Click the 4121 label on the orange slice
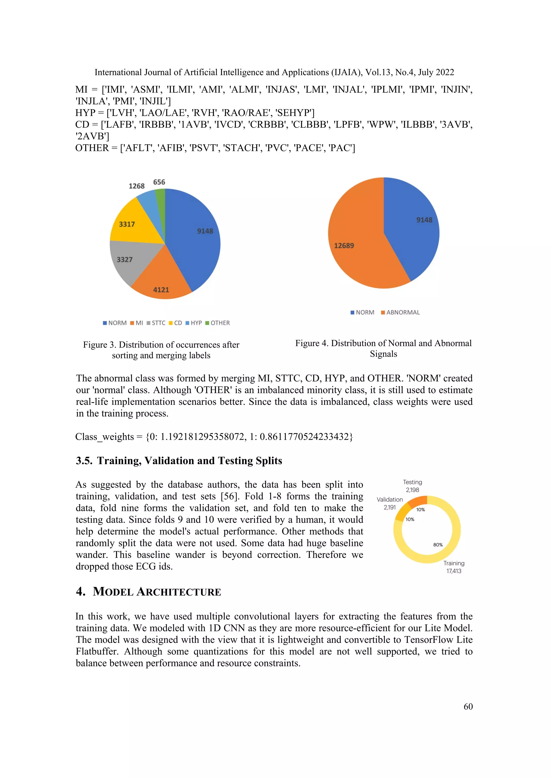[x=161, y=290]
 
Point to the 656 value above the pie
[x=159, y=182]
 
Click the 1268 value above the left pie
[x=136, y=186]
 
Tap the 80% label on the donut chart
[x=438, y=545]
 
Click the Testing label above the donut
[x=412, y=482]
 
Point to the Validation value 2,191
[x=390, y=507]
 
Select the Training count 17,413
[x=454, y=571]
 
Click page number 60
[x=468, y=707]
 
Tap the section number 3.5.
[x=84, y=461]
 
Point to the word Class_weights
[x=104, y=437]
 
